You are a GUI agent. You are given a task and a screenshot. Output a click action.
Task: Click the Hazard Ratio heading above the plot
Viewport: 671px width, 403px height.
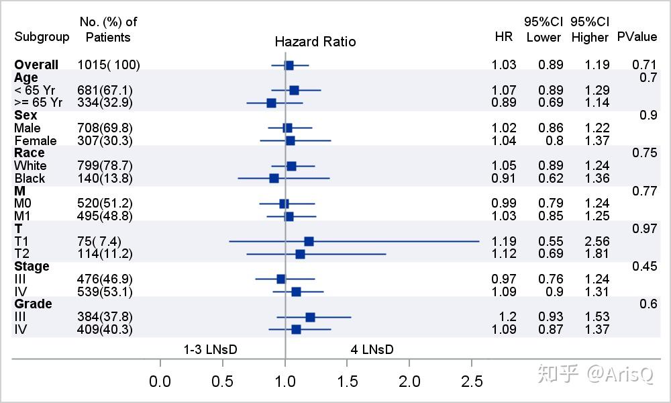pyautogui.click(x=315, y=42)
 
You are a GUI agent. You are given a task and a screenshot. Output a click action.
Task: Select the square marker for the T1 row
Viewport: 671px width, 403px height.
pyautogui.click(x=309, y=241)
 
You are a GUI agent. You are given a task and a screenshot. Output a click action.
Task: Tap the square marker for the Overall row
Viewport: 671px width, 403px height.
pyautogui.click(x=289, y=65)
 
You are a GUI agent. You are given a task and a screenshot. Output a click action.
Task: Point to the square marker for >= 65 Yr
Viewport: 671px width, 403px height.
pyautogui.click(x=271, y=103)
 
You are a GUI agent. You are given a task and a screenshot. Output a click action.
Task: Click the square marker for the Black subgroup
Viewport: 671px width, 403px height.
pyautogui.click(x=274, y=178)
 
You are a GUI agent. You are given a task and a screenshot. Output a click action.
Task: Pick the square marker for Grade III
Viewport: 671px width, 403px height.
pyautogui.click(x=310, y=317)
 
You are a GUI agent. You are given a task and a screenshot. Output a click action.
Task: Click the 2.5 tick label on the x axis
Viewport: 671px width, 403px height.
pyautogui.click(x=472, y=382)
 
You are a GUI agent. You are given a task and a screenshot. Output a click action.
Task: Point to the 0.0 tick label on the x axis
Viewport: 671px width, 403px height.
pyautogui.click(x=160, y=382)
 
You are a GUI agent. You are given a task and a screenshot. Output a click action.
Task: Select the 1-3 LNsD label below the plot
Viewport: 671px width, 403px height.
pyautogui.click(x=211, y=349)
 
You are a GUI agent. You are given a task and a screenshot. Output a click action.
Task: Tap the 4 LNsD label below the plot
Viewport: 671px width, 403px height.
pyautogui.click(x=372, y=349)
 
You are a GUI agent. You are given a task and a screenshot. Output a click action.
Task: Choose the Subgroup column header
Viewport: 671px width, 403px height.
pyautogui.click(x=42, y=37)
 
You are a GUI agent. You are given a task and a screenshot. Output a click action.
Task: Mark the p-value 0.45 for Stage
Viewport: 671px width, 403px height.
pyautogui.click(x=644, y=267)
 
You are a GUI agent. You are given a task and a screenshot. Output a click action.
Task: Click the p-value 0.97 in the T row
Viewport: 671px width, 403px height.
pyautogui.click(x=644, y=229)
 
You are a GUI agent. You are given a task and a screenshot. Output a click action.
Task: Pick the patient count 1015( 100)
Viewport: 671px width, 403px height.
pyautogui.click(x=109, y=65)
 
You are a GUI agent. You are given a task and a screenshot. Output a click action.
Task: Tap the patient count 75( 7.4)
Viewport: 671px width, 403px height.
pyautogui.click(x=100, y=241)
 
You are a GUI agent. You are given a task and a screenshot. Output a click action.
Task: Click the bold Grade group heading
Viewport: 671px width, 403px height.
pyautogui.click(x=33, y=304)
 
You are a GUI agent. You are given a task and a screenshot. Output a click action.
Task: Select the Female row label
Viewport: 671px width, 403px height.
pyautogui.click(x=36, y=140)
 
